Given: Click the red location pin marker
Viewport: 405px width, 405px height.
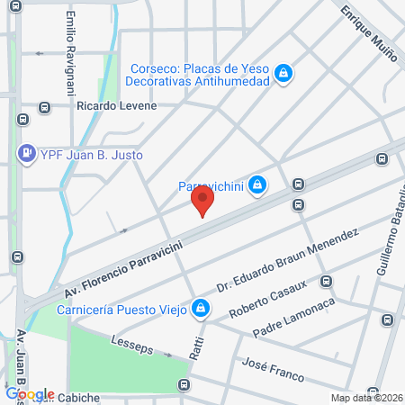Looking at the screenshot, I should point(202,200).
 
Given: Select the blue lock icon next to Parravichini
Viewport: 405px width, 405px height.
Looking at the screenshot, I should point(257,185).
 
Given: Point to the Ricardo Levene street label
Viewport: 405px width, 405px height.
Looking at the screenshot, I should point(117,105).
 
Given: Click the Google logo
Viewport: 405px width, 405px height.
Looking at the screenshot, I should point(30,393).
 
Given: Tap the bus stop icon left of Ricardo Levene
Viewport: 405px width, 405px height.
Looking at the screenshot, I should point(44,108).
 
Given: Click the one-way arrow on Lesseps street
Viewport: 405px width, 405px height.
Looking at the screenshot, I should point(168,354).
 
